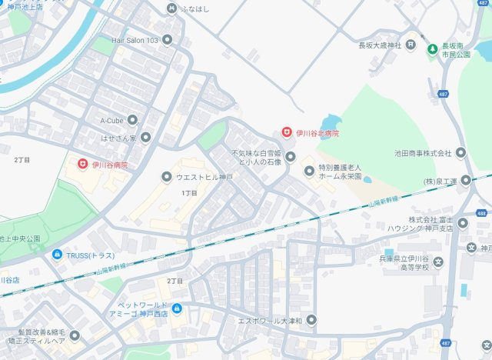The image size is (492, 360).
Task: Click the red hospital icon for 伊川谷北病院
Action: coord(287,133)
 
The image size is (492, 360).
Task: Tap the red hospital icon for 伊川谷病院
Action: coord(82,164)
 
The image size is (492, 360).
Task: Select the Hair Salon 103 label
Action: coord(135,39)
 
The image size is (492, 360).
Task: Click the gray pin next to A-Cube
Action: coord(132,120)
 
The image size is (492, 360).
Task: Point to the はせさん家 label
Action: coord(118,138)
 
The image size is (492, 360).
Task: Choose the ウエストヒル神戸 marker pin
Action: coord(166,178)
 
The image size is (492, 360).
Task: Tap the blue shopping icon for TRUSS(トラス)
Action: coord(57,255)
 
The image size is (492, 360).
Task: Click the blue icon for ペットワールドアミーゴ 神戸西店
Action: coord(178,309)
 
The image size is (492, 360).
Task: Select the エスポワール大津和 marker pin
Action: coord(311,319)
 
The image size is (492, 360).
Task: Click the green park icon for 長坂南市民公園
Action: coord(434,48)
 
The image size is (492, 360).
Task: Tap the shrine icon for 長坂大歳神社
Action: coord(411,45)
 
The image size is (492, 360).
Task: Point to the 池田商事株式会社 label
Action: coord(422,153)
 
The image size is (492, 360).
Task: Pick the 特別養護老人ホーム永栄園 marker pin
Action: coord(309,171)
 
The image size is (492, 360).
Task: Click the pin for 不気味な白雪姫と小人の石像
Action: coord(291,158)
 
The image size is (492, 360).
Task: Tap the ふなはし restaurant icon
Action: coord(171,8)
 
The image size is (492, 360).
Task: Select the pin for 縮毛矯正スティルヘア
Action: coord(75,335)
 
